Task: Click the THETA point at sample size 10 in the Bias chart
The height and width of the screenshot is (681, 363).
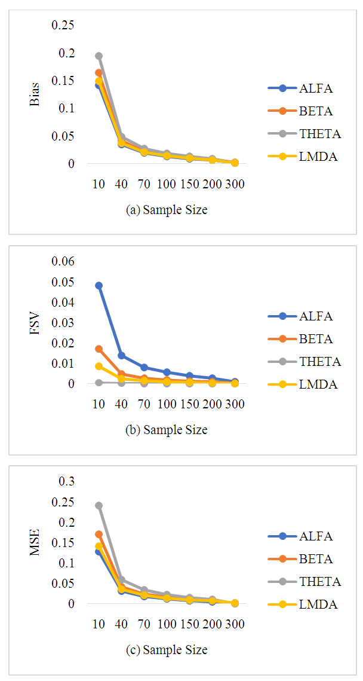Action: click(x=99, y=56)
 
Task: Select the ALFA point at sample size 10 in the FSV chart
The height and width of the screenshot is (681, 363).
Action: click(x=99, y=286)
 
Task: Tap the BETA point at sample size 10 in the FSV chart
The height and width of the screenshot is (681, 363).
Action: click(x=99, y=349)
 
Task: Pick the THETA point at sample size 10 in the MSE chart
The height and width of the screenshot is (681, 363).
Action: click(x=99, y=506)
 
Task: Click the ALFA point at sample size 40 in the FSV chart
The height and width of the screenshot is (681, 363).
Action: click(x=122, y=355)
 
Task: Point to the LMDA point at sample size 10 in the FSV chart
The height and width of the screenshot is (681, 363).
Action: click(x=99, y=366)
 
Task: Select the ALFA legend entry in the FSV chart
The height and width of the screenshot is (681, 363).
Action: click(x=307, y=316)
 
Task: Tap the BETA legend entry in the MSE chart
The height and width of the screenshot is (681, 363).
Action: click(x=307, y=559)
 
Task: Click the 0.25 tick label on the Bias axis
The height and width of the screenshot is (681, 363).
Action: click(x=63, y=25)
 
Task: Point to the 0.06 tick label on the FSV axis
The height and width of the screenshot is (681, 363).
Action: click(x=63, y=261)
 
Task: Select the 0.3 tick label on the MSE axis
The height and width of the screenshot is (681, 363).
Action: click(x=67, y=481)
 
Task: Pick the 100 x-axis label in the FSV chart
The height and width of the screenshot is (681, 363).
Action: click(x=167, y=404)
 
